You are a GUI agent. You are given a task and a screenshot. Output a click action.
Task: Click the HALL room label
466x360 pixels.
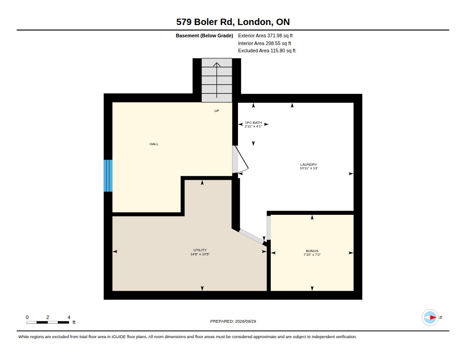154,144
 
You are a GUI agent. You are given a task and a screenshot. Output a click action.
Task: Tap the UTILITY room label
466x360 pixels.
200,250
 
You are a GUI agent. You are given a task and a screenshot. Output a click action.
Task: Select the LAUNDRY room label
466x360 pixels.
309,164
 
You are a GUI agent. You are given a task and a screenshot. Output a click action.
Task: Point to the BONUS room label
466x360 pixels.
312,251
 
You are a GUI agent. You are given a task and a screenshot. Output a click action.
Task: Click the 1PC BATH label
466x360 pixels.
253,122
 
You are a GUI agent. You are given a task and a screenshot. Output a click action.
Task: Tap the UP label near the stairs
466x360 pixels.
217,111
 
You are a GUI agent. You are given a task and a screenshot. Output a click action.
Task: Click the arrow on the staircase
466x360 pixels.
217,80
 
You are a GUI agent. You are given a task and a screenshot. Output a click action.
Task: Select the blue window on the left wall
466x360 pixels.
108,176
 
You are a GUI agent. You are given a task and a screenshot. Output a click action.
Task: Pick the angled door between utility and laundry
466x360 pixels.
252,237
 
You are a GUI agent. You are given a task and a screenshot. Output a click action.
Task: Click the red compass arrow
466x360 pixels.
433,318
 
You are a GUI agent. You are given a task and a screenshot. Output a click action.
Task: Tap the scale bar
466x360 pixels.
47,322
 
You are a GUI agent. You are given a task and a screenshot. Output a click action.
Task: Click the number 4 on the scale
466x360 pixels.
69,317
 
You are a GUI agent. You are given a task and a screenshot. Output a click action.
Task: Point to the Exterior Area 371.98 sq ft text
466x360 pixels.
265,35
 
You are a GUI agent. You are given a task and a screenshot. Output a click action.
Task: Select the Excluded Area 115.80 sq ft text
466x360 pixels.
267,51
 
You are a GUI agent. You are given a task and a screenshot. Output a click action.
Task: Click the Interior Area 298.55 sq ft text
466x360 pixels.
264,43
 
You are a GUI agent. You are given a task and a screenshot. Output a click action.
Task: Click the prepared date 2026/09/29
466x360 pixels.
245,321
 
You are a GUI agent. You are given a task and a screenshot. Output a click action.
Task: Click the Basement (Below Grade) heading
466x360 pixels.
204,35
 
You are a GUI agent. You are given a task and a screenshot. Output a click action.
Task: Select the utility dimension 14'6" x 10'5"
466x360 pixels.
200,254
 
